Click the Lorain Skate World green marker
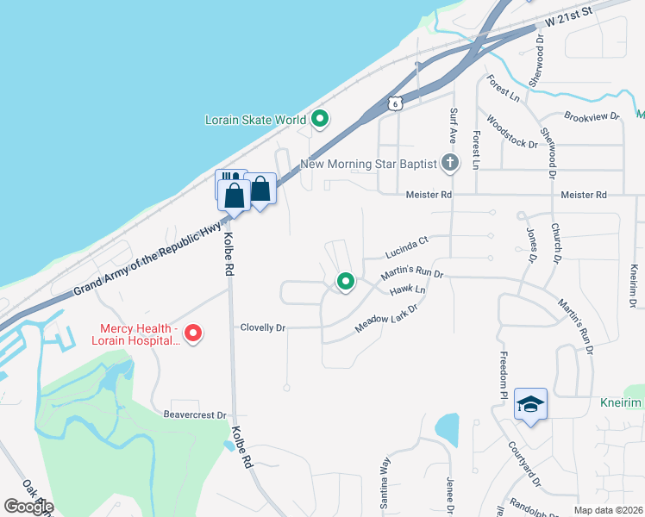320,119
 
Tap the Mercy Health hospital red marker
193,333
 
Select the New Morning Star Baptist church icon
449,162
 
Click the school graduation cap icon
530,403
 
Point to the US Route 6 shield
394,103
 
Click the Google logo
28,507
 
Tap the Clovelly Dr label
262,327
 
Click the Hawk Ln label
408,291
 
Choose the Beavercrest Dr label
195,414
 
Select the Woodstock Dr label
512,132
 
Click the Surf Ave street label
453,126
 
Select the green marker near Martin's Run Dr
346,281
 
